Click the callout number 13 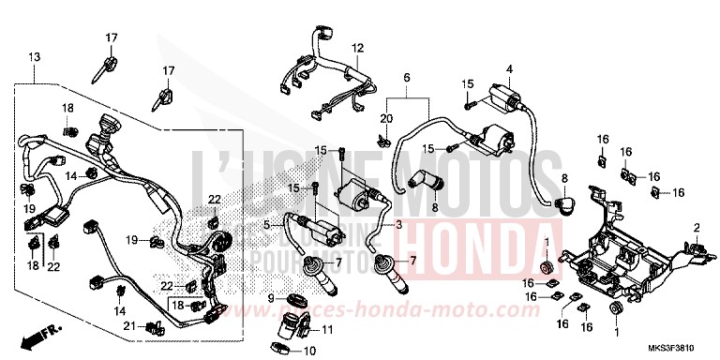[36, 59]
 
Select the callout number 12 [357, 48]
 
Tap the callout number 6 [408, 77]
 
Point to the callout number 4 [509, 68]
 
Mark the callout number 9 [271, 299]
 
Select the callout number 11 [328, 330]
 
